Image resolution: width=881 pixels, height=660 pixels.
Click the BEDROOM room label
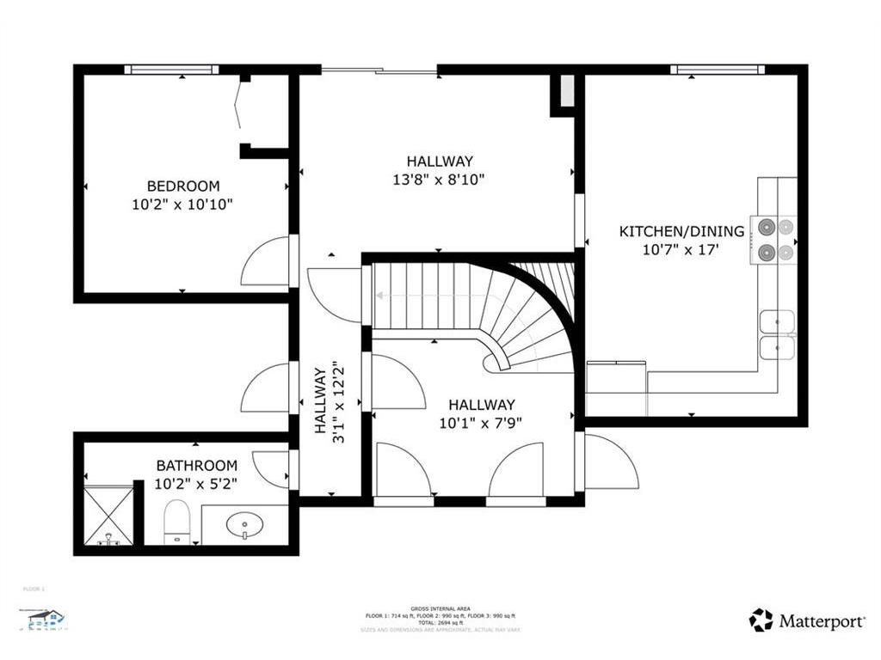[182, 186]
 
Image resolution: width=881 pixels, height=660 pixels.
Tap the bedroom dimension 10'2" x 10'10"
[182, 205]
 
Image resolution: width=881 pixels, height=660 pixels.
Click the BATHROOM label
[196, 466]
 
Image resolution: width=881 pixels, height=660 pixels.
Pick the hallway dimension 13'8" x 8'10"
[440, 180]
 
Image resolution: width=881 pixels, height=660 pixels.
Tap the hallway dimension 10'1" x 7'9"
[481, 423]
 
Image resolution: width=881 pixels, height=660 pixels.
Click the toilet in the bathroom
[176, 522]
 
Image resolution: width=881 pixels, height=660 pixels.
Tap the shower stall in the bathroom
[108, 516]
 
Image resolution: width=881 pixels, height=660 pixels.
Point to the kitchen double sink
[778, 334]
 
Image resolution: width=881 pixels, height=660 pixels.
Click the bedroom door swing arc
[264, 261]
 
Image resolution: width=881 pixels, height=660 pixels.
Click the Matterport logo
[806, 620]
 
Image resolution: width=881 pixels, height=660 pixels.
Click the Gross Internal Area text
[440, 608]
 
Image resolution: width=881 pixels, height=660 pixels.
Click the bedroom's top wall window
[171, 70]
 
